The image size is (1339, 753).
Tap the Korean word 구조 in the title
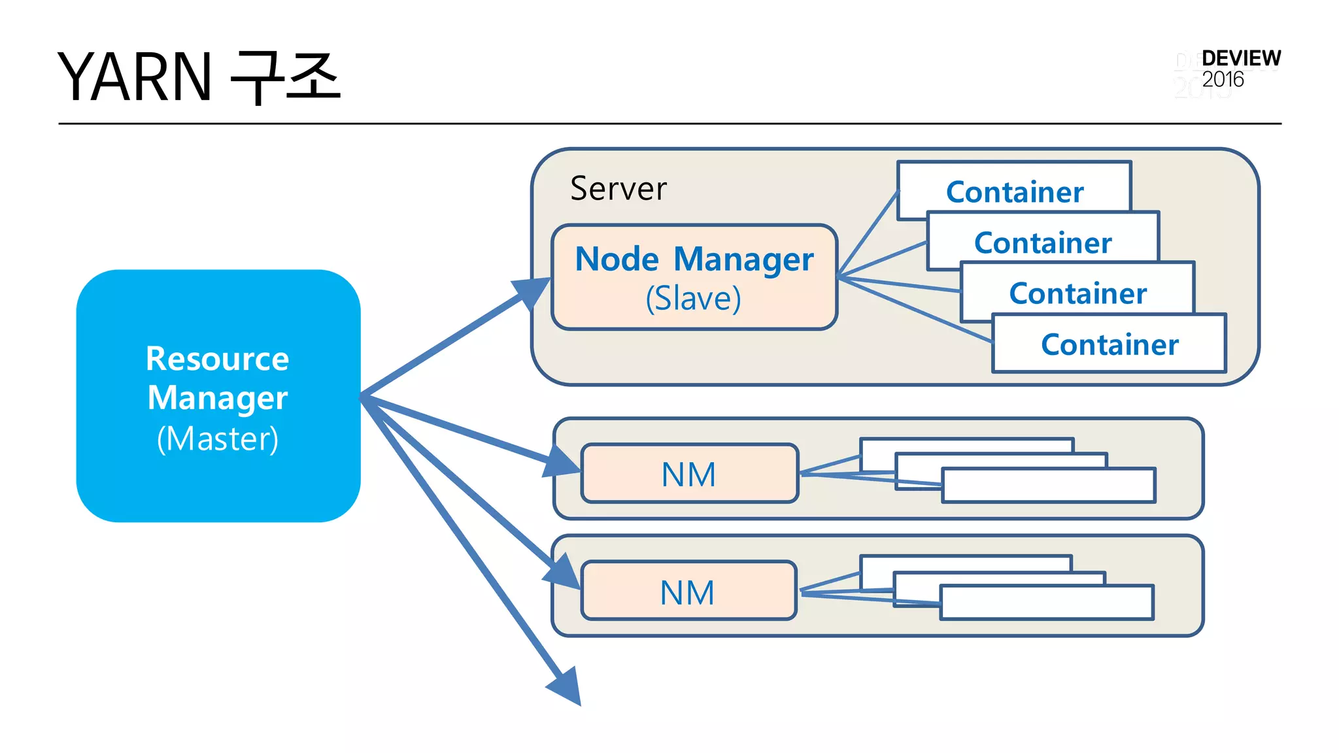click(286, 77)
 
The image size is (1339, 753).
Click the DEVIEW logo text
click(1241, 58)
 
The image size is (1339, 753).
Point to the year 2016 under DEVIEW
click(1223, 80)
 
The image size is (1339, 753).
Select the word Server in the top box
click(619, 189)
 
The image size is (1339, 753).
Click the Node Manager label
click(694, 259)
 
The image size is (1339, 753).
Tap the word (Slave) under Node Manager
click(693, 299)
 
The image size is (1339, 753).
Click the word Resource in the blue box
click(217, 359)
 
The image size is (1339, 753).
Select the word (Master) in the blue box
click(218, 439)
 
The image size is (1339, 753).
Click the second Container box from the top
click(1043, 242)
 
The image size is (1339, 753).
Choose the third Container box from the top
click(1077, 292)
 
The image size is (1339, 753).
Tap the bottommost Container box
click(1109, 344)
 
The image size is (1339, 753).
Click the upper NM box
click(689, 474)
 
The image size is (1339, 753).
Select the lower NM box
click(688, 592)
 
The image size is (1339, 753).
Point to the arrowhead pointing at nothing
click(566, 686)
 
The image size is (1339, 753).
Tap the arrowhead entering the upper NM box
click(562, 462)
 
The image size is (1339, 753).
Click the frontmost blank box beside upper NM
click(1048, 486)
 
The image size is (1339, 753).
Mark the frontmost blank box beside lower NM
click(1046, 603)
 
